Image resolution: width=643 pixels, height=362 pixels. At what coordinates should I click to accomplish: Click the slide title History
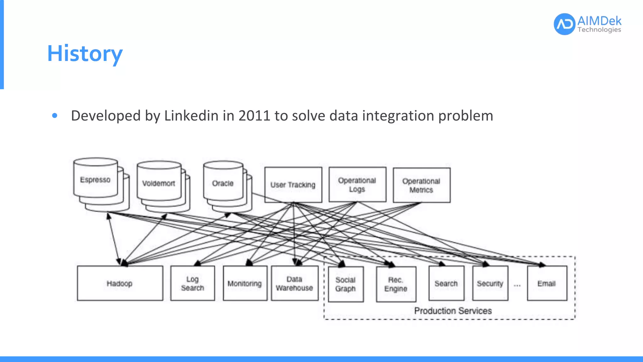(85, 53)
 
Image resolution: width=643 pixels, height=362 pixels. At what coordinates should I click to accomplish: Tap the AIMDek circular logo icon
(564, 24)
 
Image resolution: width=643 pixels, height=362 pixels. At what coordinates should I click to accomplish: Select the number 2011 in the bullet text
(254, 116)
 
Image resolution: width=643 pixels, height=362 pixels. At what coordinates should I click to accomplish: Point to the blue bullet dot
(55, 116)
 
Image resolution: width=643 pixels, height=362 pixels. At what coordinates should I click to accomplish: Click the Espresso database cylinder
(95, 179)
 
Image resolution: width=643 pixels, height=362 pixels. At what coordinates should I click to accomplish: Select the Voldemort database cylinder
(159, 183)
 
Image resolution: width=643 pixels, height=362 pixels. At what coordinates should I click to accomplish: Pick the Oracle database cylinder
(223, 183)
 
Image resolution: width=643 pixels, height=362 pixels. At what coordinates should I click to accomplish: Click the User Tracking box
(293, 185)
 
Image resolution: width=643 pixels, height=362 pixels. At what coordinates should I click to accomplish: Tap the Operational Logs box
(357, 184)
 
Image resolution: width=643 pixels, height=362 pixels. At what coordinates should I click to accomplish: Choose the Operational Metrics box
(421, 185)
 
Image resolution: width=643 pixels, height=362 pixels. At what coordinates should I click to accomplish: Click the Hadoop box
(120, 283)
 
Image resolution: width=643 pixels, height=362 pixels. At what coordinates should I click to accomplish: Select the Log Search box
(192, 283)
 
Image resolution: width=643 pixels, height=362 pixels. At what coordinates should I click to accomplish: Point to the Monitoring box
(245, 283)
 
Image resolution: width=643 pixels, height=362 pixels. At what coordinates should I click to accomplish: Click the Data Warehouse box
(294, 283)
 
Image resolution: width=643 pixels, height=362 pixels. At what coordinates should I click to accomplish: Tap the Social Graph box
(346, 284)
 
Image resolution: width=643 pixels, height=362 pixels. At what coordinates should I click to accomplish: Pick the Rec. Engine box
(396, 284)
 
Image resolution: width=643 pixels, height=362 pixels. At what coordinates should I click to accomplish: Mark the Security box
(490, 283)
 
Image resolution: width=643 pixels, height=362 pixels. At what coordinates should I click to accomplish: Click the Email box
(547, 283)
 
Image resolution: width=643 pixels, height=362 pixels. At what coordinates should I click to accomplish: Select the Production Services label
(453, 311)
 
